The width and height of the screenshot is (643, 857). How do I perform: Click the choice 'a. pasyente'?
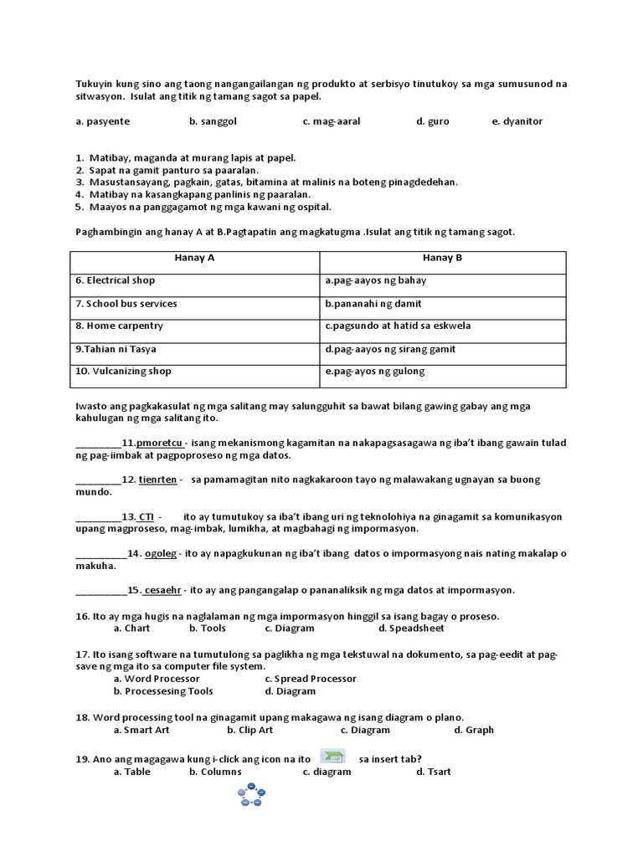coord(102,121)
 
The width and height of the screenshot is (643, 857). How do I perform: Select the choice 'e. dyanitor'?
coord(517,121)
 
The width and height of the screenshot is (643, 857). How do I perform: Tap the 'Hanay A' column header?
coord(194,258)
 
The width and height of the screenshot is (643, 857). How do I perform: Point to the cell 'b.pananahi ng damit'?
coord(373,303)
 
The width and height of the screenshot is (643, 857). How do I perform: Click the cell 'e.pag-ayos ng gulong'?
coord(374,371)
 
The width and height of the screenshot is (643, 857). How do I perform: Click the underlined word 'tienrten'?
coord(158,480)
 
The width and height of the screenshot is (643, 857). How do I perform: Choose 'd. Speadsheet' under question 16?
coord(411,628)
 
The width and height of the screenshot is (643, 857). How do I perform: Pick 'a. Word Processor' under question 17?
coord(157,679)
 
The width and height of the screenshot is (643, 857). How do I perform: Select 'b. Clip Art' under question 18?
coord(249,730)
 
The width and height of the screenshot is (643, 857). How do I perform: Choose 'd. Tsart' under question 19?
coord(434,772)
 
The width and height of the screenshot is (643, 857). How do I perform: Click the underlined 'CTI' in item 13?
coord(146,516)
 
